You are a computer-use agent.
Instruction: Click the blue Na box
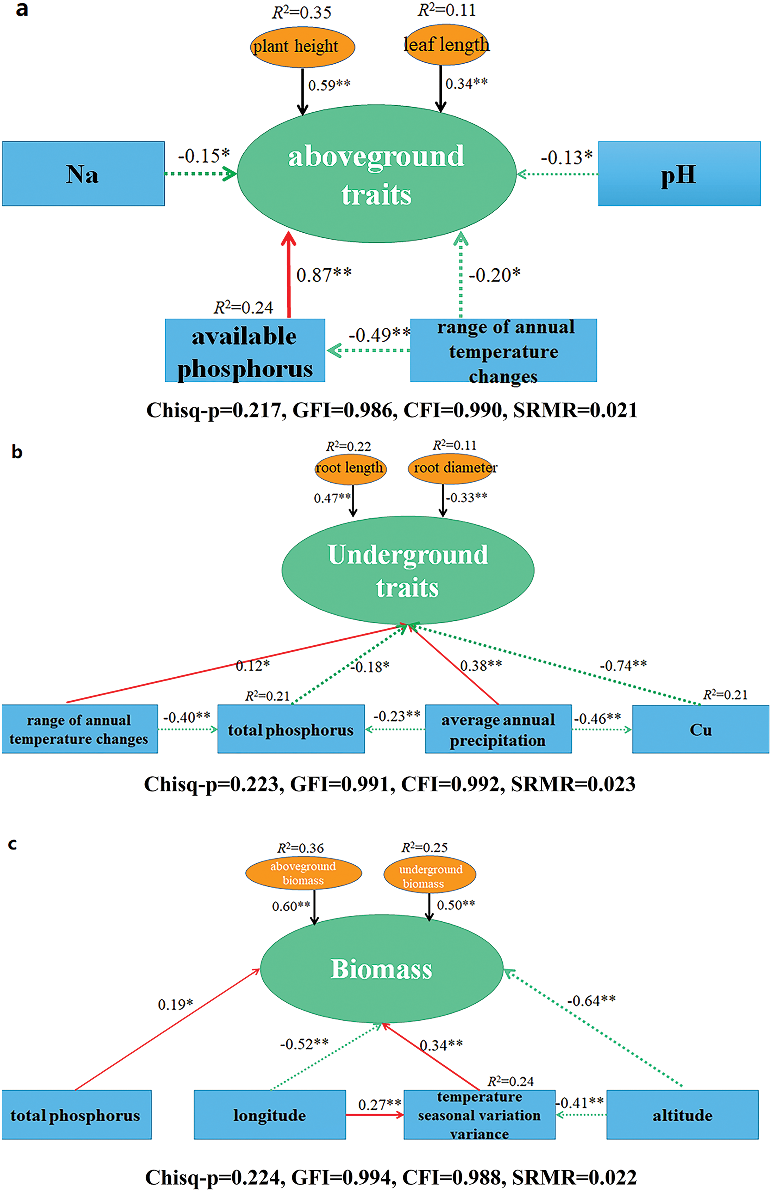83,174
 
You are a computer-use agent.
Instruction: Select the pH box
679,174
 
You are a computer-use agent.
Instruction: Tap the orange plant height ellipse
302,46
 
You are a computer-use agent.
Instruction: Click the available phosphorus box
245,350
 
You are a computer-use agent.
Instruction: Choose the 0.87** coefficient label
324,275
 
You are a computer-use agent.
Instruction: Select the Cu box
701,729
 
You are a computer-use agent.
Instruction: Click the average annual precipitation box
498,729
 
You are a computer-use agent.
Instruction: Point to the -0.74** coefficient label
623,665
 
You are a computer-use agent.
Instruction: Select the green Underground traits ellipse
408,570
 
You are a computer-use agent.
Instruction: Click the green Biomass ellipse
381,969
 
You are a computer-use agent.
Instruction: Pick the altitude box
682,1115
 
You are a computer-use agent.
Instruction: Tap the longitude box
270,1115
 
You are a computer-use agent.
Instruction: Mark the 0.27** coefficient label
379,1104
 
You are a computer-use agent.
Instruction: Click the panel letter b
17,452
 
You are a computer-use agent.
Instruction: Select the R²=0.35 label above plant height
302,13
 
